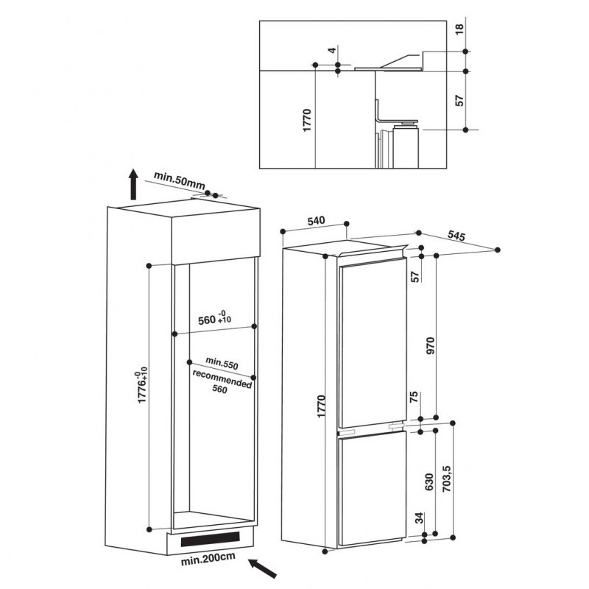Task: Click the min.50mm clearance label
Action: (179, 180)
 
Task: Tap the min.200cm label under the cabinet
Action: (208, 559)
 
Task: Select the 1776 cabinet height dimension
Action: (142, 387)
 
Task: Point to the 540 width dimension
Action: (316, 220)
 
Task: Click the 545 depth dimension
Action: (456, 236)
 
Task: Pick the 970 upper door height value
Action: (431, 346)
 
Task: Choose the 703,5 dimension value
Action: (446, 479)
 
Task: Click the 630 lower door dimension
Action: (428, 482)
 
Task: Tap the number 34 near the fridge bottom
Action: (420, 518)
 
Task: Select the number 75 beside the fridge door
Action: (414, 397)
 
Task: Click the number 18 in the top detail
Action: (459, 29)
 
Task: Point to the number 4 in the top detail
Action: (331, 50)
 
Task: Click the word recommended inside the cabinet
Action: (222, 379)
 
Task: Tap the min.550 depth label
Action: (222, 363)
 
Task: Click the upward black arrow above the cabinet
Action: (133, 184)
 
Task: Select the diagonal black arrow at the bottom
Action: (263, 568)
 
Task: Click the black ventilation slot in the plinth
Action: (210, 539)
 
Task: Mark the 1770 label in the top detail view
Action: (307, 120)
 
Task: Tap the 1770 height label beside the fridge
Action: (321, 406)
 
